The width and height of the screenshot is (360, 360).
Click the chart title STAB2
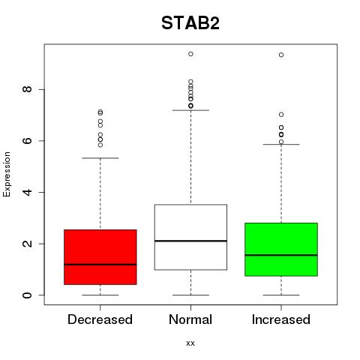(190, 23)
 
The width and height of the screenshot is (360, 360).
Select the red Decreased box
(100, 257)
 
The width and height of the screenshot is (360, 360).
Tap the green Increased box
(281, 250)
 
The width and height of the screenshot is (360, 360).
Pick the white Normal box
(190, 237)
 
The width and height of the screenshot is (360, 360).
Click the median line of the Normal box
(190, 241)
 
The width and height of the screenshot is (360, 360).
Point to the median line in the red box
(100, 264)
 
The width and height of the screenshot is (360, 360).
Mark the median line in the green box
(281, 255)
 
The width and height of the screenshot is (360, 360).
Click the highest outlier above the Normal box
(190, 54)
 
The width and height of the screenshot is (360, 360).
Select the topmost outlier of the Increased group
(281, 55)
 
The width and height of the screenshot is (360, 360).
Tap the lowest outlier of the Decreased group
(100, 145)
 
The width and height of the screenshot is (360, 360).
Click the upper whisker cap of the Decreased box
(100, 158)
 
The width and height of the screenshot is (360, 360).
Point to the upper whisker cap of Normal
(190, 110)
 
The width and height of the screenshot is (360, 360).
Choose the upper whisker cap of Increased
(281, 144)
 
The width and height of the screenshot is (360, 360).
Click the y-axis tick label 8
(27, 89)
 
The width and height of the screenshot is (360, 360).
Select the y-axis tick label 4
(27, 192)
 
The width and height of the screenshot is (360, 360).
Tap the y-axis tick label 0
(27, 295)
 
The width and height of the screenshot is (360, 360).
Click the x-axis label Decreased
(100, 319)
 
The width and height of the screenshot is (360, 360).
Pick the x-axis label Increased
(281, 319)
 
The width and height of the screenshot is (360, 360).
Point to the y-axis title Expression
(7, 174)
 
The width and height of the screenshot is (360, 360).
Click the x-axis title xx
(190, 343)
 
